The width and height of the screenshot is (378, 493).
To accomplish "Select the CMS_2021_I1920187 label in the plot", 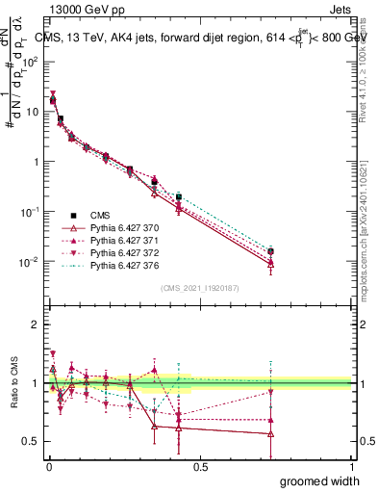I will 198,288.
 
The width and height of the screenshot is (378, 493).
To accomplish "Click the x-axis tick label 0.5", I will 199,465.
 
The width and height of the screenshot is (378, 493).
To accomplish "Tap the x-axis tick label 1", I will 352,465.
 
